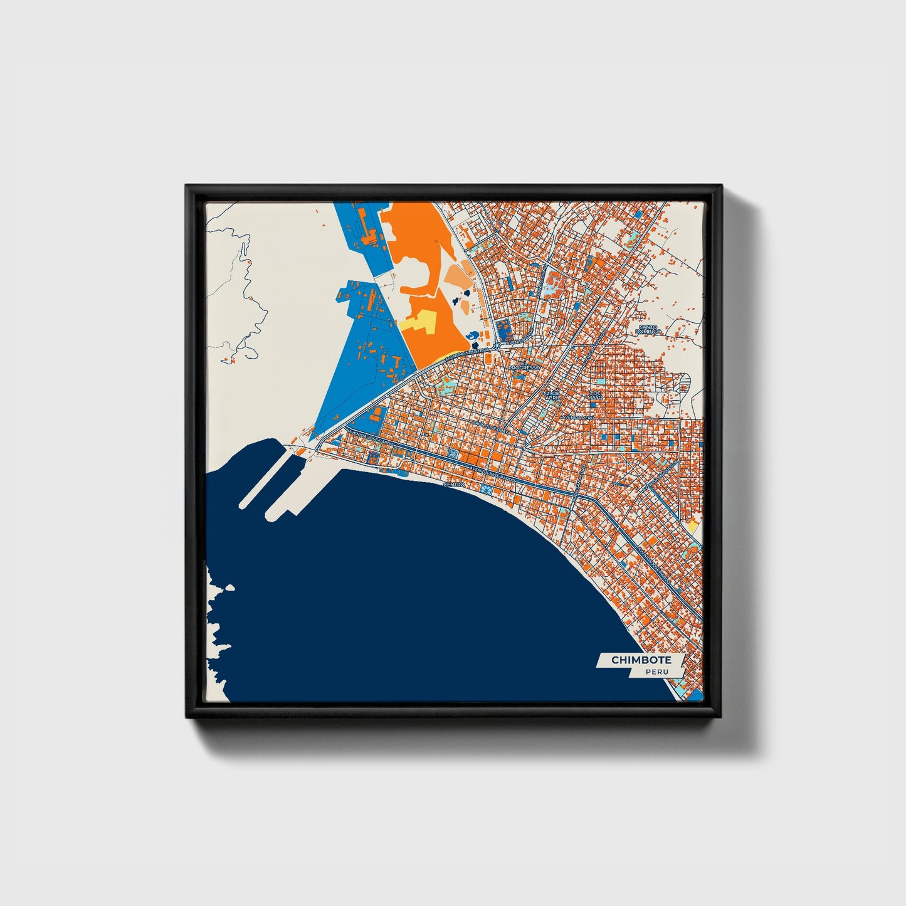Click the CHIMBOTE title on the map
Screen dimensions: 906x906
click(x=641, y=660)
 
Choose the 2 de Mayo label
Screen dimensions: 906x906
click(x=594, y=394)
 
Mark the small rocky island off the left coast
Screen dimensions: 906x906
click(x=229, y=588)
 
